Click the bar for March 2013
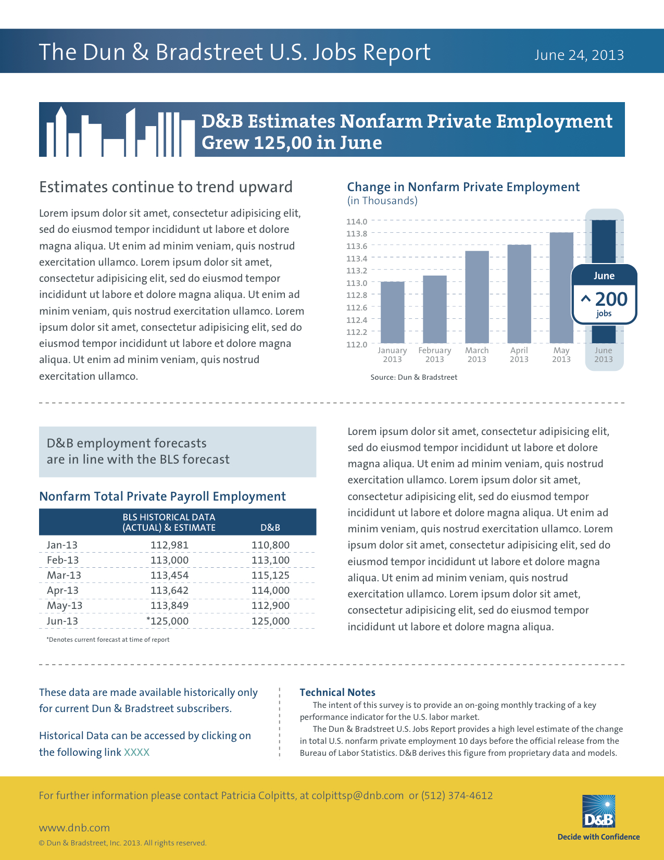[477, 297]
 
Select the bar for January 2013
[392, 313]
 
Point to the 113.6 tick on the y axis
[357, 246]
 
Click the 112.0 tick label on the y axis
[357, 344]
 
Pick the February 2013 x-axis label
[434, 355]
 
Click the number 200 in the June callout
[611, 299]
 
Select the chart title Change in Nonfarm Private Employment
[463, 187]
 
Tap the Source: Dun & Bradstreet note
[414, 377]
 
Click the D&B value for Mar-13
[270, 575]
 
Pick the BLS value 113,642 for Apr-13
[169, 590]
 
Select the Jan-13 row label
[62, 545]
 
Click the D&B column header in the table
[270, 528]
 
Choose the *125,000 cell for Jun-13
[168, 621]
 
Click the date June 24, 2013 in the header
[579, 55]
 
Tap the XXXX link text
[136, 752]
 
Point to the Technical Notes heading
[337, 692]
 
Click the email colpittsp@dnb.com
[357, 795]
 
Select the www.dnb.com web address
[74, 828]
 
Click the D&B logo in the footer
[598, 812]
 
